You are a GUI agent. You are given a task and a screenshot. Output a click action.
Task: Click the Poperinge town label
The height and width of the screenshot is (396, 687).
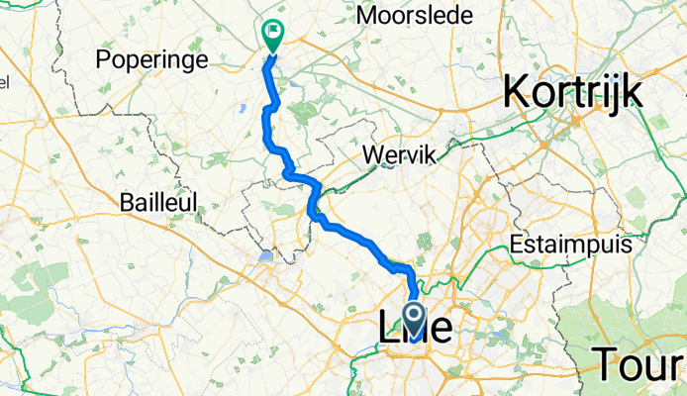(x=151, y=60)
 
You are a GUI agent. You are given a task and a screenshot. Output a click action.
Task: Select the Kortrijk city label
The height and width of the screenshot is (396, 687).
(x=573, y=93)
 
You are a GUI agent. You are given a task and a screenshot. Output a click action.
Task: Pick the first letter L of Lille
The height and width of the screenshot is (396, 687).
(x=389, y=329)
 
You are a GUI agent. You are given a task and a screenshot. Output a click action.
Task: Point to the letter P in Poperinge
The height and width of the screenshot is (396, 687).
(x=104, y=59)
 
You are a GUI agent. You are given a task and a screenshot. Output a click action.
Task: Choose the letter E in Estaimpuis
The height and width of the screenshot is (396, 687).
(x=517, y=246)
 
